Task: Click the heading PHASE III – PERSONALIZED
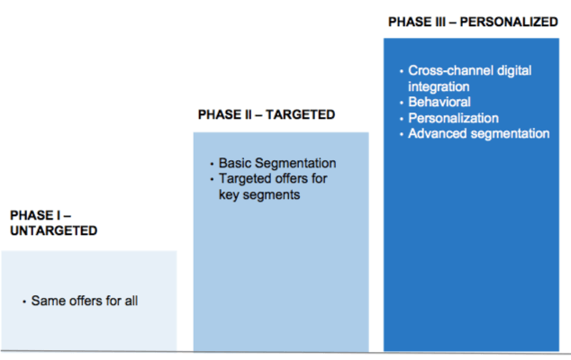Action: coord(473,22)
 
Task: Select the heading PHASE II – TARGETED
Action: coord(267,114)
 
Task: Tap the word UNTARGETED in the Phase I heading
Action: coord(53,230)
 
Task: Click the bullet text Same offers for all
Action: coord(85,301)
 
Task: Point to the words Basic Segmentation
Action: coord(277,163)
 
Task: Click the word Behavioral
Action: coord(440,102)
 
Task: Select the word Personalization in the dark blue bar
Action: coord(453,118)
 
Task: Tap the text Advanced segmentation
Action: coord(479,133)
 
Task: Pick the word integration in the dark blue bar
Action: coord(439,86)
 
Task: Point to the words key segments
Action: coord(259,194)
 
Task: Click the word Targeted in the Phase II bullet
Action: coord(245,179)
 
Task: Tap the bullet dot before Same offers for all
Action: coord(24,301)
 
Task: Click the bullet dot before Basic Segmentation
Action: coord(212,164)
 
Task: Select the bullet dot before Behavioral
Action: coord(402,103)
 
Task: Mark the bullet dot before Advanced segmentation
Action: coord(402,135)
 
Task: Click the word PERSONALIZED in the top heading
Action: coord(509,22)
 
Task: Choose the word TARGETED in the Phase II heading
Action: coord(300,114)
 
